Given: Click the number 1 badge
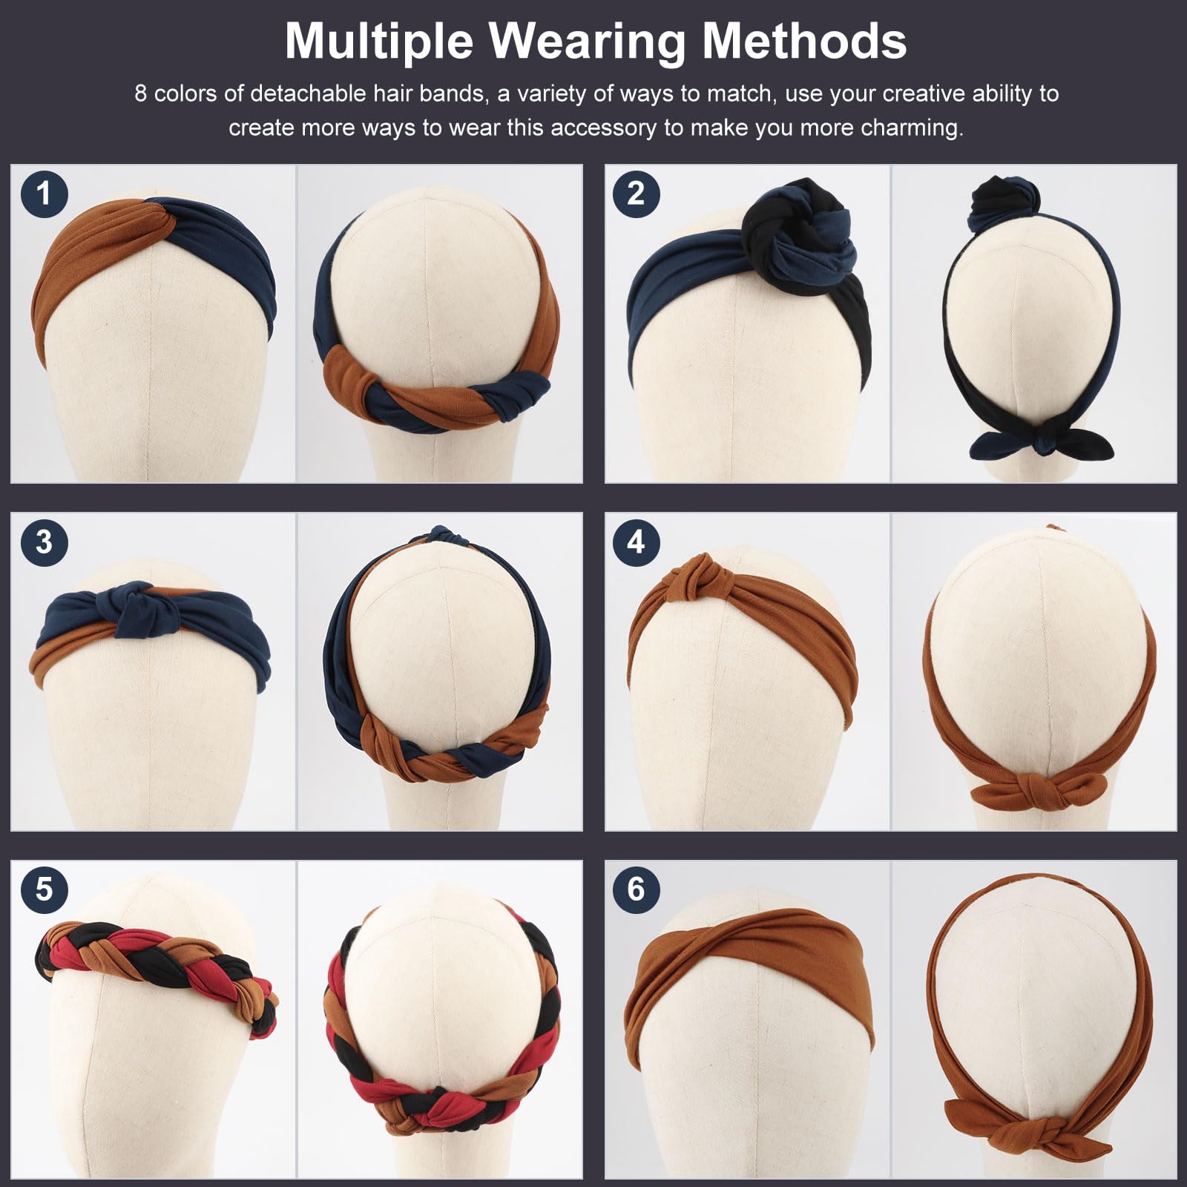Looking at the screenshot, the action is pyautogui.click(x=45, y=194).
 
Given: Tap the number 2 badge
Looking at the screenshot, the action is pyautogui.click(x=637, y=194).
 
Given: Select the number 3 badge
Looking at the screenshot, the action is pyautogui.click(x=45, y=542).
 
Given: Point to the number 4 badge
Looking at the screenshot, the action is pyautogui.click(x=637, y=542).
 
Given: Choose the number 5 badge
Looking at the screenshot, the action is pyautogui.click(x=45, y=889).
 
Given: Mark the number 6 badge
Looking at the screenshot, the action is pyautogui.click(x=637, y=889).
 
